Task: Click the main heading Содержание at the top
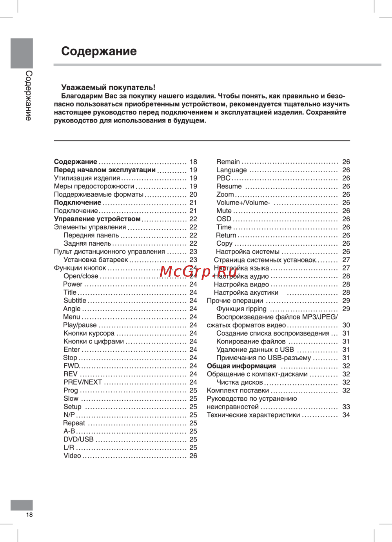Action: pos(99,51)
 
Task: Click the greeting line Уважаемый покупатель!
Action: pos(108,88)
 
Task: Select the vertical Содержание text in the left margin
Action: pos(29,95)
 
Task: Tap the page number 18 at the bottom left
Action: pos(29,515)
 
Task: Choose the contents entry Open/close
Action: pos(81,276)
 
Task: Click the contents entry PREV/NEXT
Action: pos(83,382)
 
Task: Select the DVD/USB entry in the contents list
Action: pos(78,439)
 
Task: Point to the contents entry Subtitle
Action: pos(75,300)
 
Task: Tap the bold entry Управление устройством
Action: pos(97,219)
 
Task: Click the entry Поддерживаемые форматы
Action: pos(99,194)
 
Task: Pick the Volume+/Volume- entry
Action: pos(243,203)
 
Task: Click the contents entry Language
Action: pos(232,170)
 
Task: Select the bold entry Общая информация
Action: pos(241,366)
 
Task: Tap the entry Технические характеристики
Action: pos(253,415)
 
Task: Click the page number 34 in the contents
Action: pos(346,415)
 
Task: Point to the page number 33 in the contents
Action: pos(346,407)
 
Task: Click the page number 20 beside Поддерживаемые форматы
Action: pos(193,194)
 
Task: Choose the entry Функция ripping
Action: pos(241,308)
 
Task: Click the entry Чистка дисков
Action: pos(240,382)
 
